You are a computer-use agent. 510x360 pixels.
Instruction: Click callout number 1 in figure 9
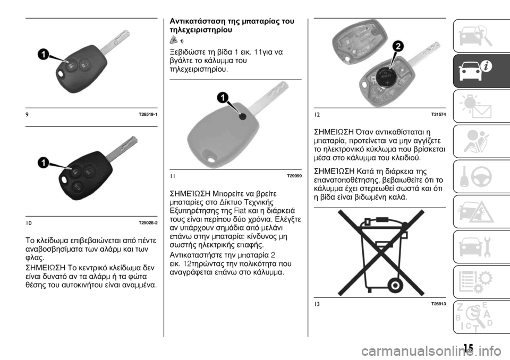43,54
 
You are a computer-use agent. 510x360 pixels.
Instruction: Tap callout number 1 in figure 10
43,162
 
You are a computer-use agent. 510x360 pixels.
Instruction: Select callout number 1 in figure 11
223,98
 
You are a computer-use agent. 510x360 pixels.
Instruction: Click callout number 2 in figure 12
397,47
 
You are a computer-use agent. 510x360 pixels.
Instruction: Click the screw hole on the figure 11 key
243,116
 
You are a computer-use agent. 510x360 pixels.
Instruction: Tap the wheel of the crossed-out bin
395,286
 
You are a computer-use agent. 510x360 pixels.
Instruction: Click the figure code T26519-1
148,115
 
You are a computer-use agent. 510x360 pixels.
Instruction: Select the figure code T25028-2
148,223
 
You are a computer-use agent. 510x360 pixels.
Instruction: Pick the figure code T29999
294,176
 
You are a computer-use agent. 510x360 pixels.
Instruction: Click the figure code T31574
438,115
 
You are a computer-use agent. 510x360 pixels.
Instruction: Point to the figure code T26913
438,304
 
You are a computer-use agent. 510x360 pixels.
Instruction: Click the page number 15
469,348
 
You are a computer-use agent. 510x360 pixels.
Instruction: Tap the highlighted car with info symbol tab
481,71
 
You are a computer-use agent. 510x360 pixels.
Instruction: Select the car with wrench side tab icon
475,247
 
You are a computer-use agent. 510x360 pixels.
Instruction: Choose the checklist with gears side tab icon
475,282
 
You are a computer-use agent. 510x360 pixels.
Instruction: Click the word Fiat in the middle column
240,210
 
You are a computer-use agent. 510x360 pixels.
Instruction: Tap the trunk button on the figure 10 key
78,187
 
